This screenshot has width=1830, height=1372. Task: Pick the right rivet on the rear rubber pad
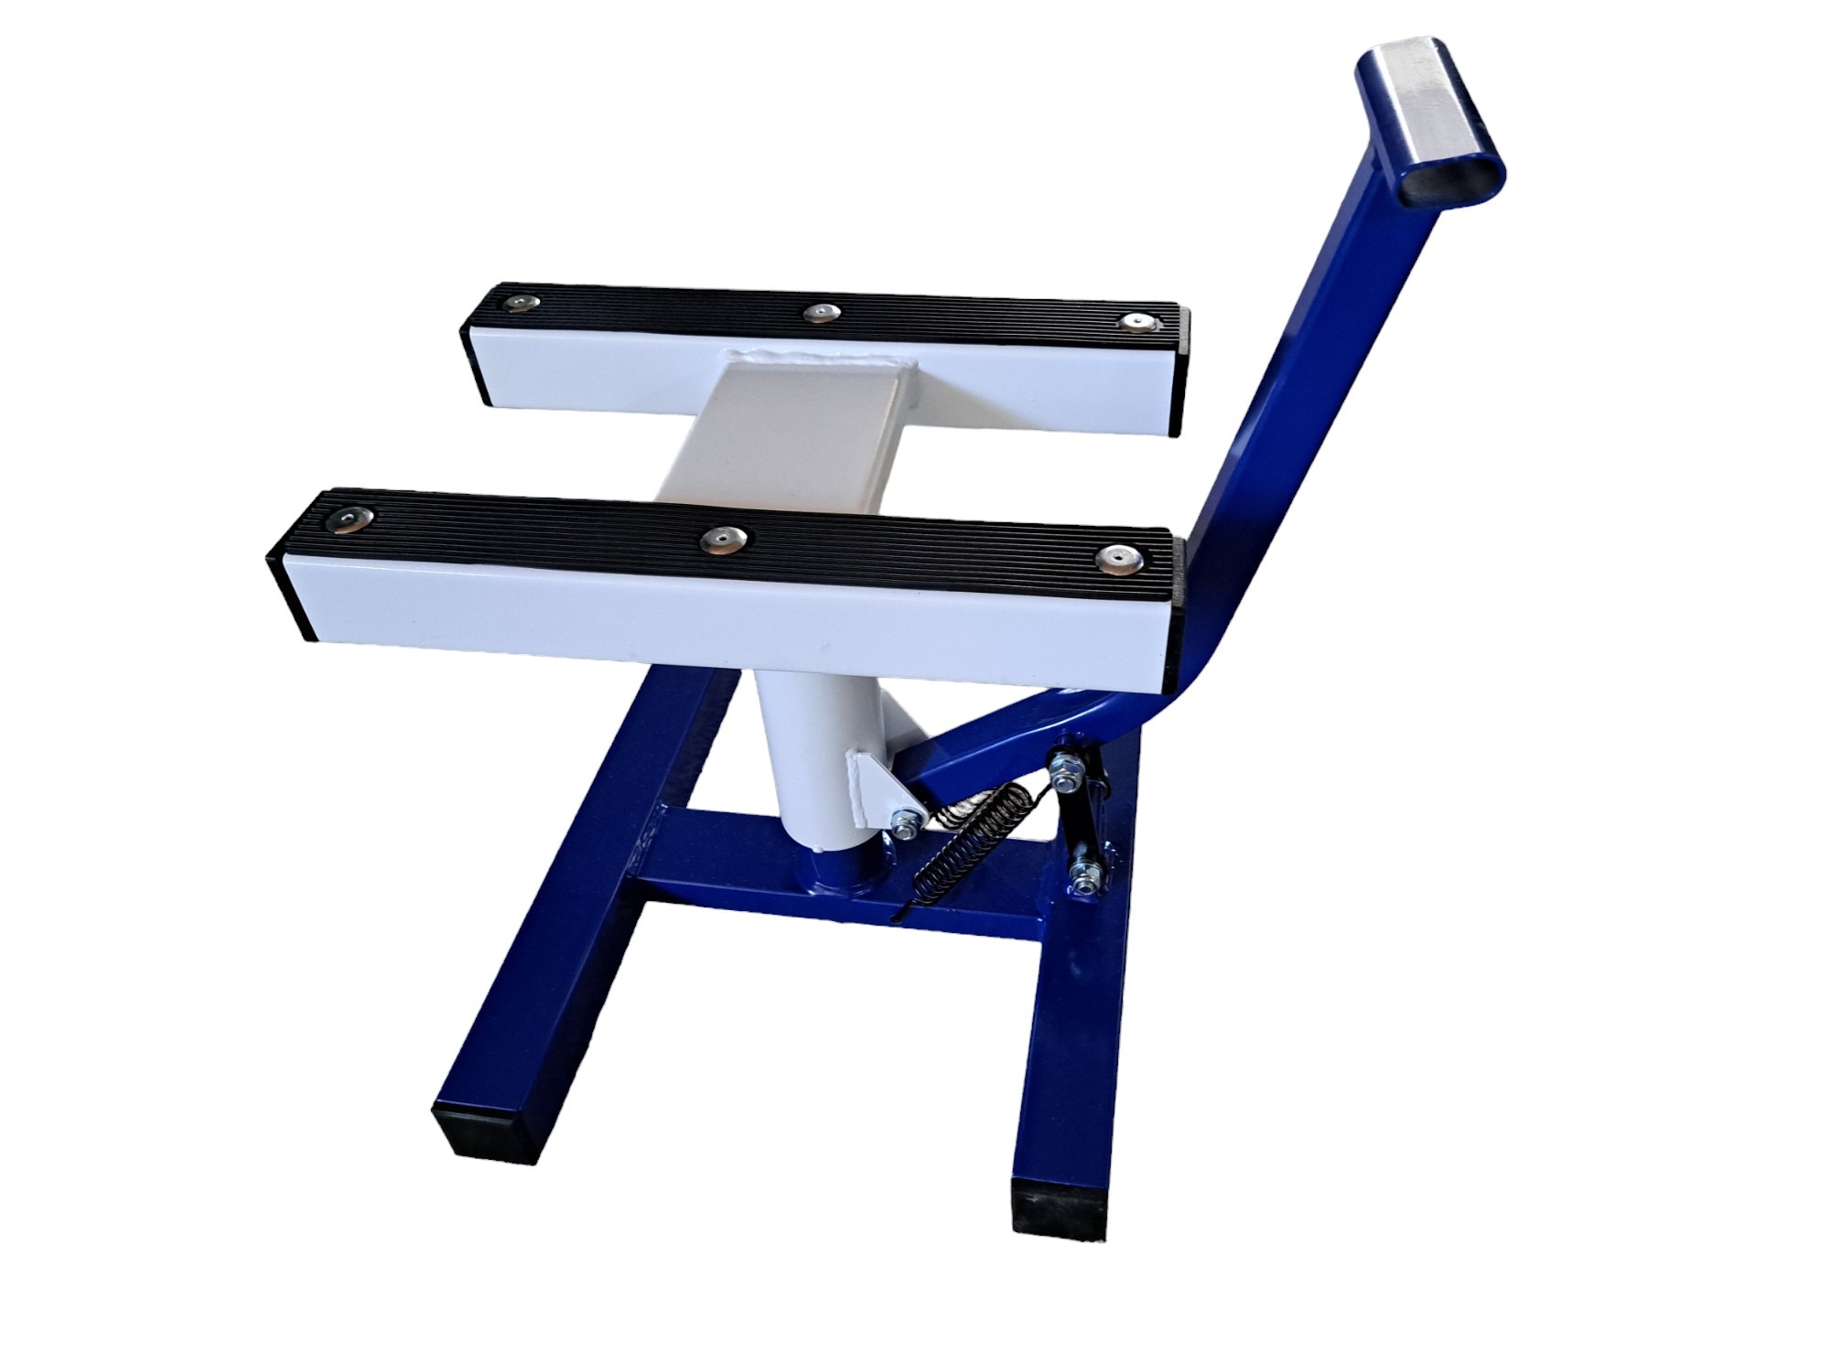pyautogui.click(x=1136, y=322)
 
